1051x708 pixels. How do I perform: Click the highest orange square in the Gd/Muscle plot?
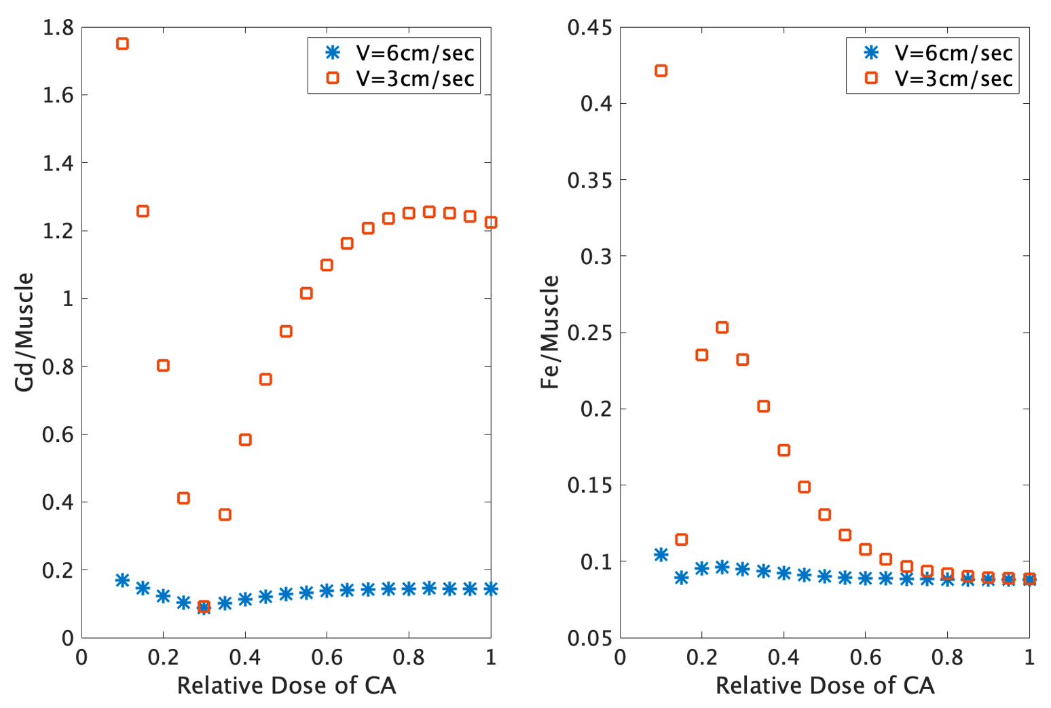122,44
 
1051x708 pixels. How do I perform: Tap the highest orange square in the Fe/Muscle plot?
661,71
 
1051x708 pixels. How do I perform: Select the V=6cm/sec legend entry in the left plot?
400,53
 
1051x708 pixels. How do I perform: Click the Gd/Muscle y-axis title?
24,332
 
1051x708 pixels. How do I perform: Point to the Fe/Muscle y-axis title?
550,332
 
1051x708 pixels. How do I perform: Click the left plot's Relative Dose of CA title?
286,686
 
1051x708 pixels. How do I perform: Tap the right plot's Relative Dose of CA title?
825,686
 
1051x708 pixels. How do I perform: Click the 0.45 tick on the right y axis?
589,28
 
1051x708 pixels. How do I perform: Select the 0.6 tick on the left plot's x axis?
327,657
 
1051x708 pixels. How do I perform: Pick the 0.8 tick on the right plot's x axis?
947,657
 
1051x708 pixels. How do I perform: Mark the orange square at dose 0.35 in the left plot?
225,515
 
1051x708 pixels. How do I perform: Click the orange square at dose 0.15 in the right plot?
681,540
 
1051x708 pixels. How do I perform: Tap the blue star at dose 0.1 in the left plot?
122,580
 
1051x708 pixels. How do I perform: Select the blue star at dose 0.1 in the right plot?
661,555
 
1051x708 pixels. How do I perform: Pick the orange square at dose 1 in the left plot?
490,223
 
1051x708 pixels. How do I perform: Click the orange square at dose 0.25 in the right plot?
722,328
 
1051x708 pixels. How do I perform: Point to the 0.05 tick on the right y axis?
589,638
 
